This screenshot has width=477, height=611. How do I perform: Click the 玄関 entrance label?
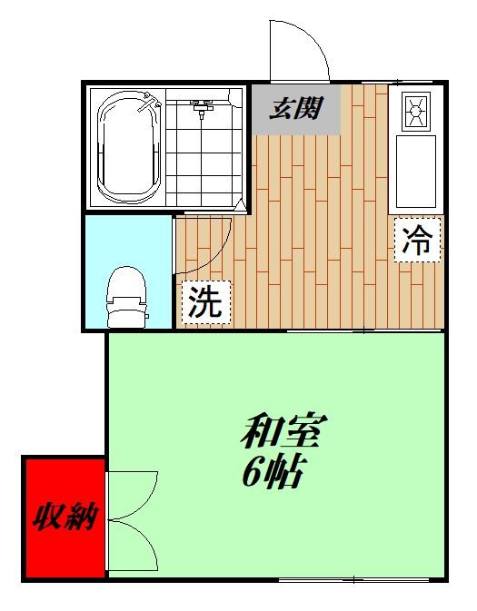(296, 110)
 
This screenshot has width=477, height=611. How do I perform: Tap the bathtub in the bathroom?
(129, 148)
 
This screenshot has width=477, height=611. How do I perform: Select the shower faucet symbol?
(202, 110)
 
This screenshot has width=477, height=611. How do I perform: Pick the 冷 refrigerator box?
(417, 240)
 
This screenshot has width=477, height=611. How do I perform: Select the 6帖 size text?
(273, 472)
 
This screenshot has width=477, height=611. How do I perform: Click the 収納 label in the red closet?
(66, 518)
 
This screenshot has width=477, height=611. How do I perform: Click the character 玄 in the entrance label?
(282, 110)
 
